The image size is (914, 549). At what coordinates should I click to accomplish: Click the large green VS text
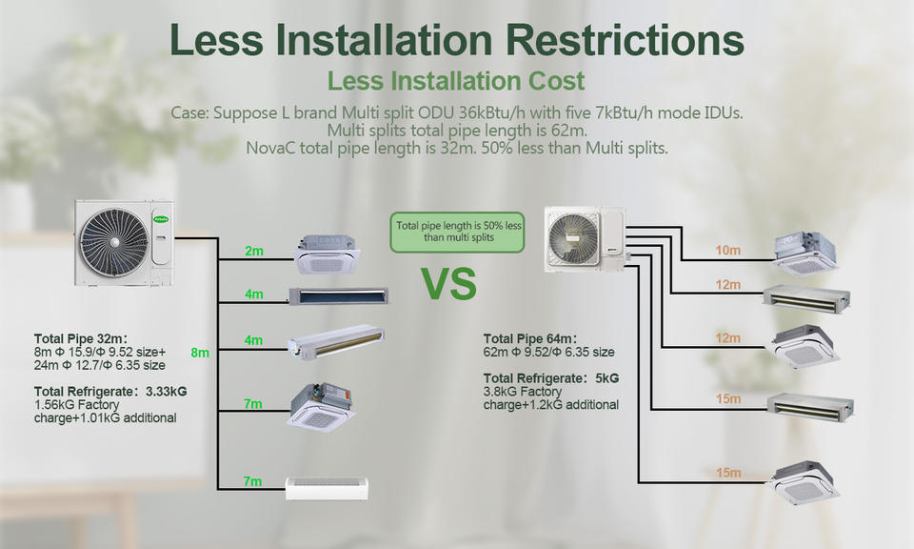[x=449, y=284]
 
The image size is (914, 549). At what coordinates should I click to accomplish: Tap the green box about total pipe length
[x=458, y=232]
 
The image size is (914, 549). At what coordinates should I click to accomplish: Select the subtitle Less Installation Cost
[x=456, y=81]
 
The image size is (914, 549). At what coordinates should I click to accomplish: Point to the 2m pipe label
[x=253, y=252]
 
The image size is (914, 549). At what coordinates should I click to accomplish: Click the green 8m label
[x=200, y=353]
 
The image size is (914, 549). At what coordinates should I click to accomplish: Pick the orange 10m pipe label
[x=727, y=250]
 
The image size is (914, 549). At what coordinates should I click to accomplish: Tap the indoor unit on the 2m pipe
[x=328, y=251]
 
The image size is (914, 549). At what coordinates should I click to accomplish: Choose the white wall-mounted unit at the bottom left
[x=326, y=489]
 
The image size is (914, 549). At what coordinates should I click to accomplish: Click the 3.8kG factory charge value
[x=502, y=392]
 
